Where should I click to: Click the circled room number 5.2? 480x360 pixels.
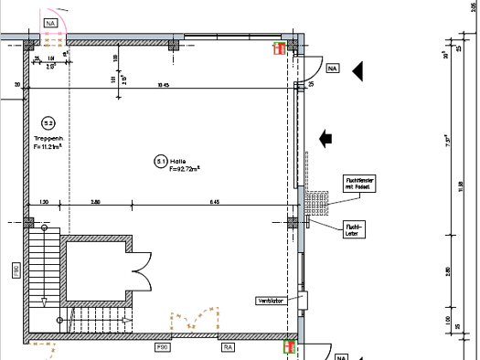click(x=48, y=122)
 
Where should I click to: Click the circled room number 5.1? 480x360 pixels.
click(x=161, y=161)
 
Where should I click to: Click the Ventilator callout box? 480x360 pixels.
click(x=270, y=300)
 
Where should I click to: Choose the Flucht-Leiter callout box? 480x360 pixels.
click(x=354, y=228)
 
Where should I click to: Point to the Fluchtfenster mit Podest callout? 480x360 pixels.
click(x=357, y=183)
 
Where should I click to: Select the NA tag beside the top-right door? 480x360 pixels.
click(x=331, y=69)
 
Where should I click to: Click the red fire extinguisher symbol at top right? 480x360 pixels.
click(x=276, y=49)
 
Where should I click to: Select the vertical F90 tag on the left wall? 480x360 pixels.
click(x=16, y=270)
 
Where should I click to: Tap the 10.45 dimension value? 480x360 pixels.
click(x=164, y=85)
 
